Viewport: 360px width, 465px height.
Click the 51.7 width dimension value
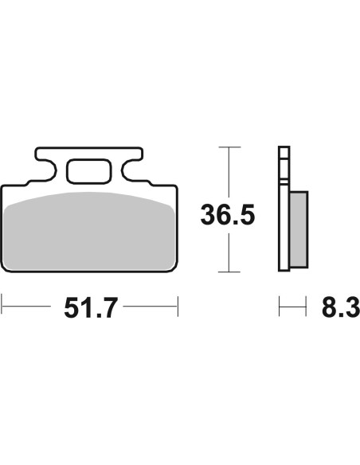click(91, 308)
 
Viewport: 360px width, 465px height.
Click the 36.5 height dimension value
click(228, 214)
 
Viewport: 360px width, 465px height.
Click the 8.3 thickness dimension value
click(341, 308)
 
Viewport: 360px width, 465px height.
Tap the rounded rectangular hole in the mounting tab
click(89, 172)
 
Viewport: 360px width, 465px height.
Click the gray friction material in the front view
click(89, 232)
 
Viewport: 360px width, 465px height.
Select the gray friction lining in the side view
click(299, 229)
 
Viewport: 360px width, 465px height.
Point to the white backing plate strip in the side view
click(284, 209)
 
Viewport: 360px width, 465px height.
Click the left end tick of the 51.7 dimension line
click(2, 306)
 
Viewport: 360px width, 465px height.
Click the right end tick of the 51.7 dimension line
click(178, 306)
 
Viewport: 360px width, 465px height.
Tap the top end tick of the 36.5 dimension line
click(229, 147)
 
